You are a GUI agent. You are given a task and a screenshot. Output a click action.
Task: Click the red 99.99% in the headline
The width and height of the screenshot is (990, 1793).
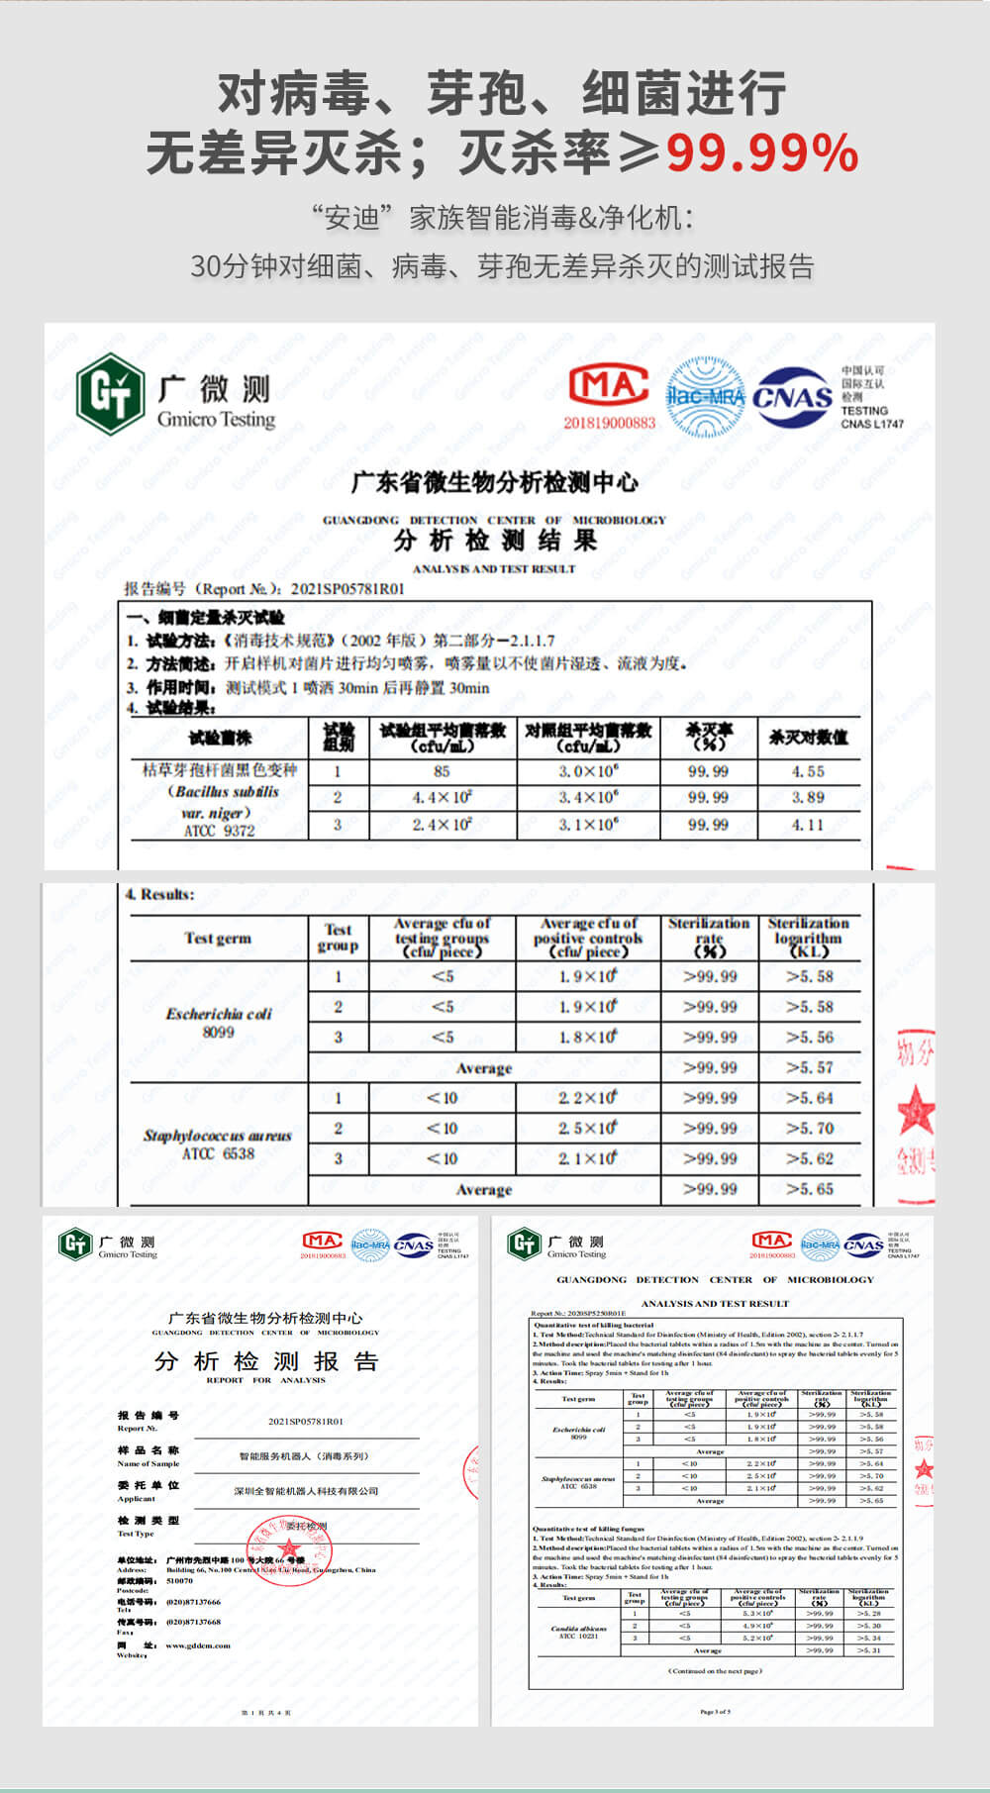click(761, 152)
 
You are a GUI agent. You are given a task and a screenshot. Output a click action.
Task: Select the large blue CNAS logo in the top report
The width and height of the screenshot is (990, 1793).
click(792, 397)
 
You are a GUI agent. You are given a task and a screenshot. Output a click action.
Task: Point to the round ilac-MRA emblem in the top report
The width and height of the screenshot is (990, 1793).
click(705, 397)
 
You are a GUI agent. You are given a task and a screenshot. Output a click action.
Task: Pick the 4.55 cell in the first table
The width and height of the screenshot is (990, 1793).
click(808, 771)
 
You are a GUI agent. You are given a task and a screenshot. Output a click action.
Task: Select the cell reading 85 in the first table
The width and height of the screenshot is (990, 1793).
click(442, 771)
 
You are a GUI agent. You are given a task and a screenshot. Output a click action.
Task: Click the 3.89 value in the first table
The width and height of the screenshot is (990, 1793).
click(808, 797)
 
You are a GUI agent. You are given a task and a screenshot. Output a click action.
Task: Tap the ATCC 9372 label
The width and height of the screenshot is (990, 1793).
click(219, 831)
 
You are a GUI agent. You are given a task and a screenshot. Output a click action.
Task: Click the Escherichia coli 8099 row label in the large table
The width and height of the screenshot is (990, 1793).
click(219, 1023)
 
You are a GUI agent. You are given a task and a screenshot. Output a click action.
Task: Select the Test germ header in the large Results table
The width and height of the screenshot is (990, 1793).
click(218, 939)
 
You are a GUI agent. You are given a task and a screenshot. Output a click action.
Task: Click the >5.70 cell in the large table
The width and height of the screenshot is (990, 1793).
click(810, 1129)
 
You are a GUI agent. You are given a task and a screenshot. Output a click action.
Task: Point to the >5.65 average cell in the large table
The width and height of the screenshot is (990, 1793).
click(810, 1189)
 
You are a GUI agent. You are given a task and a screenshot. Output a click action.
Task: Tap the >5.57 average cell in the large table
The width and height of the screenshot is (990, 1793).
click(810, 1067)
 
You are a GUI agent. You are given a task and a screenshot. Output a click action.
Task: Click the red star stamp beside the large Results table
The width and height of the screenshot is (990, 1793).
click(916, 1109)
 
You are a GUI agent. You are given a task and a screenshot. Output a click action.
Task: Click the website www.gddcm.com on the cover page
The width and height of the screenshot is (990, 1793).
click(198, 1645)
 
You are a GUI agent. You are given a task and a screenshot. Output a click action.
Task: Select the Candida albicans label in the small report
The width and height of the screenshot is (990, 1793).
click(579, 1632)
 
